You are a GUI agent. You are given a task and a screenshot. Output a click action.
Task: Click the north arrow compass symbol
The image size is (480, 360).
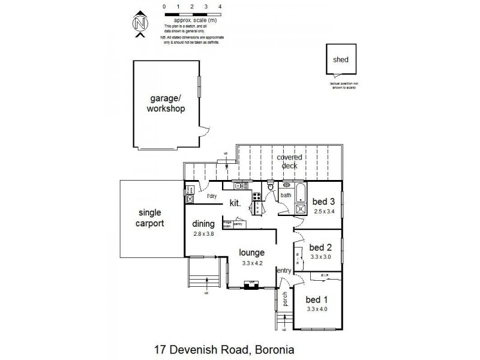pyautogui.click(x=140, y=24)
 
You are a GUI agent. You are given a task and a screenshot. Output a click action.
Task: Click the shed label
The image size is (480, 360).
pyautogui.click(x=341, y=60)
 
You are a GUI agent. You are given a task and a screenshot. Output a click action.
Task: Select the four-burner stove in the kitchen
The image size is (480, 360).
pyautogui.click(x=256, y=196)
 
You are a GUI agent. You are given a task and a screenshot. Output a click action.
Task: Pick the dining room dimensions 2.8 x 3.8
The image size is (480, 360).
pyautogui.click(x=203, y=234)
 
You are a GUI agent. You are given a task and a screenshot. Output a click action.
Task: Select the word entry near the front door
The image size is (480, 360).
pyautogui.click(x=283, y=271)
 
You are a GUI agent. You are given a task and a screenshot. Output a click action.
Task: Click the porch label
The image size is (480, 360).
pyautogui.click(x=285, y=298)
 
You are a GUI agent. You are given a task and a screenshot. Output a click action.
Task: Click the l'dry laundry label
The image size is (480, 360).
pyautogui.click(x=211, y=196)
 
